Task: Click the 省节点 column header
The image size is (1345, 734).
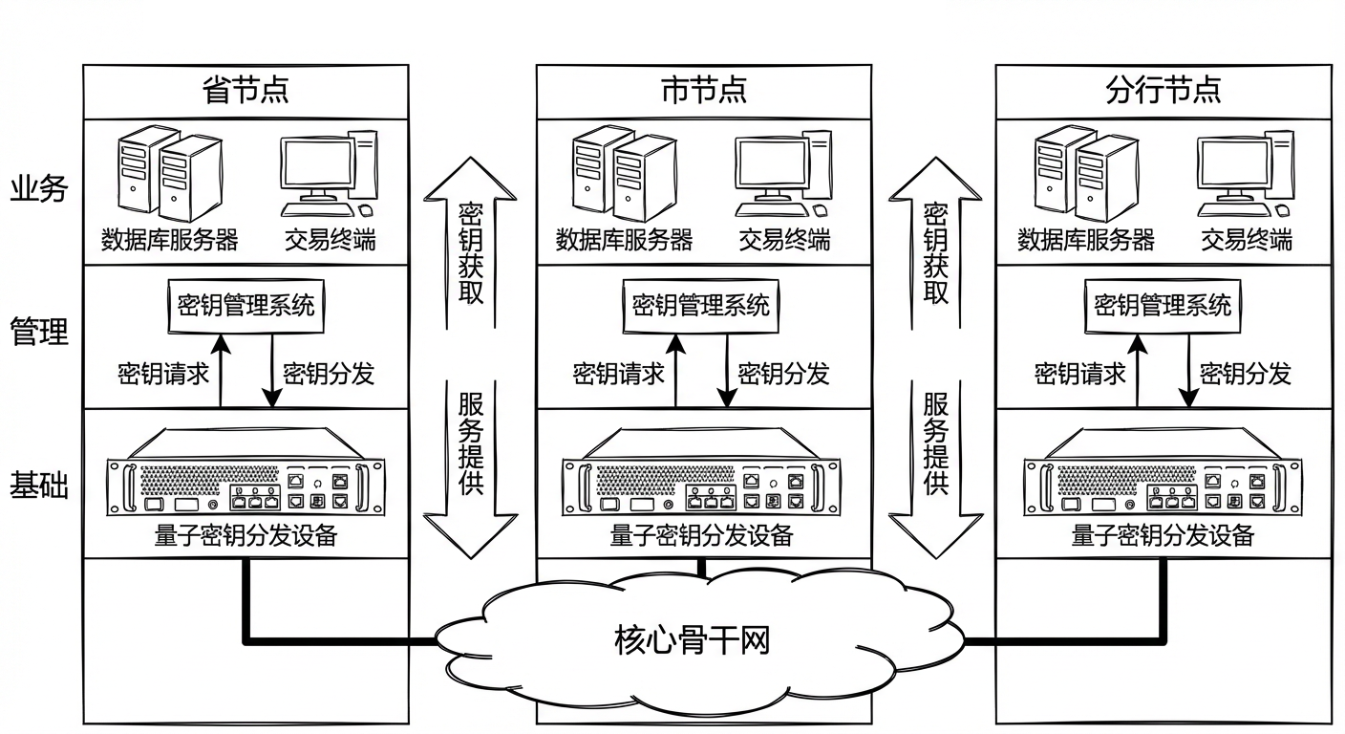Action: (x=246, y=91)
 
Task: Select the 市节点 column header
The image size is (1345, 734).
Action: (x=704, y=91)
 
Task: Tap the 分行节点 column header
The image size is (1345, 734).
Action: (x=1164, y=91)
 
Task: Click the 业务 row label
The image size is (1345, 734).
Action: (x=39, y=188)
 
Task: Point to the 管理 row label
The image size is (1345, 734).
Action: (x=39, y=333)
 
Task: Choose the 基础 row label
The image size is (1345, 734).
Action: (x=39, y=486)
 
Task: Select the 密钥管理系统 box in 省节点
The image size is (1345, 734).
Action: (x=246, y=306)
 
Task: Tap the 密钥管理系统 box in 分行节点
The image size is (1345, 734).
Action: (x=1163, y=306)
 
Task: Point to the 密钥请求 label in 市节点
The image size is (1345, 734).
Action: (x=618, y=374)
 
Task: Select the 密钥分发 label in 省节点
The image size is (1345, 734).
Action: (x=328, y=374)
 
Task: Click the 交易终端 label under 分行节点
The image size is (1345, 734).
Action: (x=1246, y=239)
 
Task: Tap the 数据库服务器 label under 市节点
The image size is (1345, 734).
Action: (x=624, y=239)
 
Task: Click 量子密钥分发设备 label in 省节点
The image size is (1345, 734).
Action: (x=246, y=536)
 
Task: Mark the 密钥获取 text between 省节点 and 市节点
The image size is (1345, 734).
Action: (x=471, y=253)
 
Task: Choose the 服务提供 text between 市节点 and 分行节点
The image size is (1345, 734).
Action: (x=935, y=443)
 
